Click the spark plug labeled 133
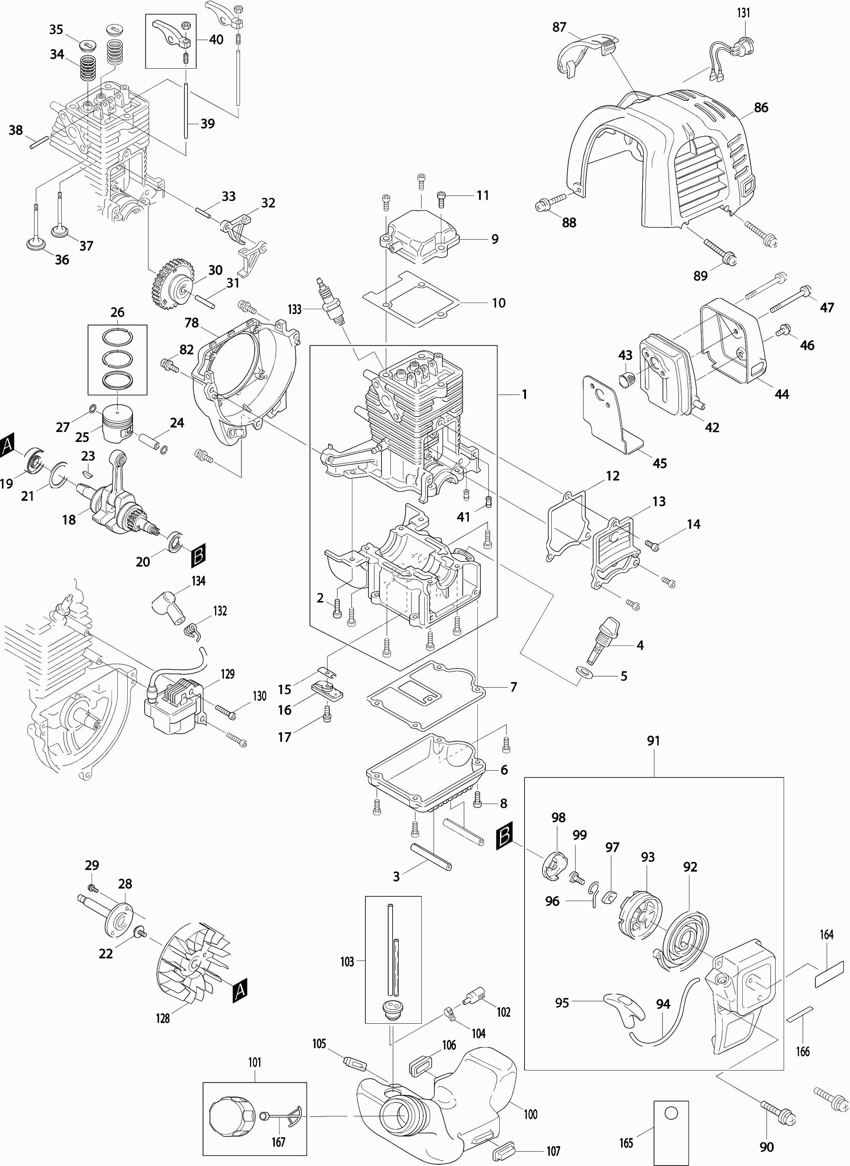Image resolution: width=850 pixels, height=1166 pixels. [330, 301]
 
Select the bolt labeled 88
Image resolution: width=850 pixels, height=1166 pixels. [543, 205]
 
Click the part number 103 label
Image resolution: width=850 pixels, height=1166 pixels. [347, 961]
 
